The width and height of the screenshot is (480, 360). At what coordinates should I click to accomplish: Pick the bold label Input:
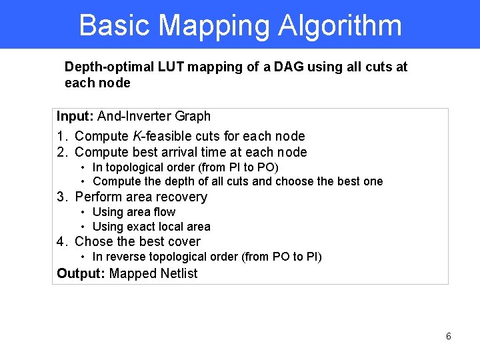[x=75, y=116]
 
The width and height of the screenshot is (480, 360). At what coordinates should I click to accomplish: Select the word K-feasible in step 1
[x=160, y=136]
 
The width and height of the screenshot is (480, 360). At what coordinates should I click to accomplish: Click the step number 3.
[x=61, y=197]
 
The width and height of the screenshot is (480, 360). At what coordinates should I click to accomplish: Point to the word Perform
[x=97, y=197]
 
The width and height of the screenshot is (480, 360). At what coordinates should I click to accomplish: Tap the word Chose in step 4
[x=93, y=241]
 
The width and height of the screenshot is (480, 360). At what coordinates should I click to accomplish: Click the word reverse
[x=126, y=257]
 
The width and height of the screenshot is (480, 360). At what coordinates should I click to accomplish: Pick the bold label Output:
[x=81, y=273]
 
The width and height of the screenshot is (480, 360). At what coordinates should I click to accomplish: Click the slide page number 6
[x=448, y=337]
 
